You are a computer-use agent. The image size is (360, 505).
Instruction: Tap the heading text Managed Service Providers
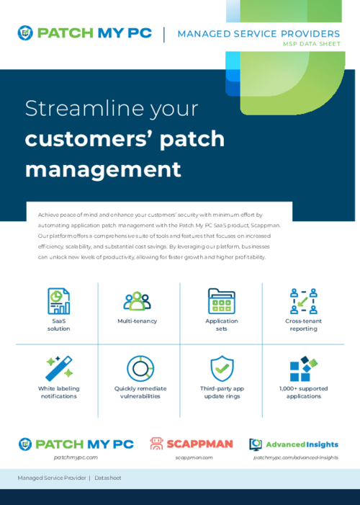(x=258, y=34)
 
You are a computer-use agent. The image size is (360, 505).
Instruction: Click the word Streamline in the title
(x=71, y=109)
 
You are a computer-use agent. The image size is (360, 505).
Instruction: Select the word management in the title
(x=103, y=169)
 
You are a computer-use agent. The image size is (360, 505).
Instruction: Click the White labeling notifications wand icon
(x=59, y=368)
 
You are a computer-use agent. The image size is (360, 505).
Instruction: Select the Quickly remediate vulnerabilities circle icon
(x=140, y=368)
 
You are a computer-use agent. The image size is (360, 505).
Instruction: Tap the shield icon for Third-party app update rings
(x=222, y=368)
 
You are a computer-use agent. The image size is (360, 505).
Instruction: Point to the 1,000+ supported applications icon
(x=303, y=368)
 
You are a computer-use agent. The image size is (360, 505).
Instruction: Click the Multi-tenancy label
(x=137, y=321)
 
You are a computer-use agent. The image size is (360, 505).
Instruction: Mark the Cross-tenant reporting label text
(x=303, y=324)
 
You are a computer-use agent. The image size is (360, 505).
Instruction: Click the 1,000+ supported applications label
(x=303, y=392)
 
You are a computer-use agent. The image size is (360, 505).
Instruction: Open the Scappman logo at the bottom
(x=191, y=444)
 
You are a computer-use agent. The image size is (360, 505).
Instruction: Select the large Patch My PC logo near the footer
(x=76, y=444)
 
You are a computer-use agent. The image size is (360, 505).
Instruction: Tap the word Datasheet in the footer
(x=108, y=478)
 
